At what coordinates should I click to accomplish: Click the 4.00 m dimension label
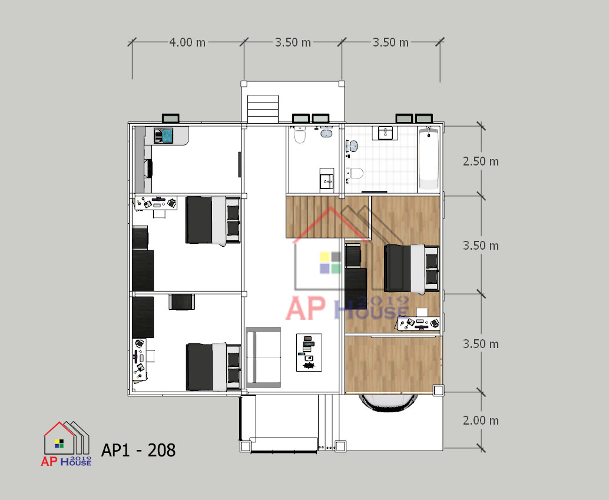click(187, 42)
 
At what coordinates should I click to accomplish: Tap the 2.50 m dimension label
click(481, 161)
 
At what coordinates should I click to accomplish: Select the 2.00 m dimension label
click(481, 420)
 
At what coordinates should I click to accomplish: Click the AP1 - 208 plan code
click(138, 451)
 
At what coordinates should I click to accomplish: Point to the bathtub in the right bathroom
click(429, 158)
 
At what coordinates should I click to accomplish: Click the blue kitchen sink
click(164, 135)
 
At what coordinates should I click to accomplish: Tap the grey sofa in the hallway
click(263, 357)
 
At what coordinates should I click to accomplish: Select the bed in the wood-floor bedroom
click(412, 268)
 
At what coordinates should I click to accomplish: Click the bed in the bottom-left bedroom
click(213, 367)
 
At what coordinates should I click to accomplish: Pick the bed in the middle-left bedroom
click(213, 220)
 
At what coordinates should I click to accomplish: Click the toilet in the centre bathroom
click(300, 135)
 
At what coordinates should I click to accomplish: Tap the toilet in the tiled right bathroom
click(355, 173)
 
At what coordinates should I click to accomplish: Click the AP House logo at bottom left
click(67, 443)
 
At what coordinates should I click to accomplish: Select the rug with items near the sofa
click(309, 352)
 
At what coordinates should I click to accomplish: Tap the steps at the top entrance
click(263, 109)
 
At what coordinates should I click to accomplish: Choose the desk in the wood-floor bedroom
click(418, 323)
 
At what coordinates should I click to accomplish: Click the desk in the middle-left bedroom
click(155, 203)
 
